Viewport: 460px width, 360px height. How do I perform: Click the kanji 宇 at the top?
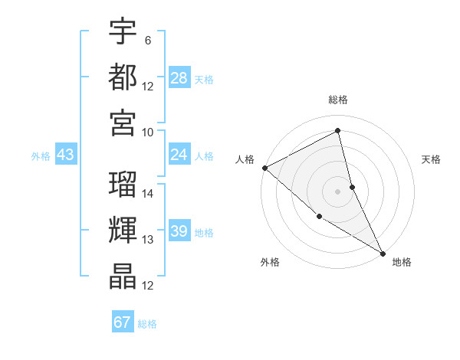tap(123, 31)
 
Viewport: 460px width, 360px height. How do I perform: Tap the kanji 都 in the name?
tap(123, 77)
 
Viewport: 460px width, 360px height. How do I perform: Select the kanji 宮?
tap(123, 122)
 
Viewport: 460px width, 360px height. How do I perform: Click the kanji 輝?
tap(123, 231)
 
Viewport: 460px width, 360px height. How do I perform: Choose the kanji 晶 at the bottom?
tap(123, 276)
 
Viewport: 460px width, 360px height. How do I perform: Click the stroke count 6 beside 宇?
tap(147, 41)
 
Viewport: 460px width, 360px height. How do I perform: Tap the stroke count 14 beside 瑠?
tap(148, 194)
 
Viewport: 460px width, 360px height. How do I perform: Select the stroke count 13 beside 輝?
tap(148, 240)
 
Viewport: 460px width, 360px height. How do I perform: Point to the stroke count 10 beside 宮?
tap(148, 131)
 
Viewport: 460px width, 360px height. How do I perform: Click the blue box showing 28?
tap(179, 78)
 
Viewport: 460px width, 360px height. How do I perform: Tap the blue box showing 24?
tap(179, 155)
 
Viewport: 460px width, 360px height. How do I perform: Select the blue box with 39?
tap(179, 231)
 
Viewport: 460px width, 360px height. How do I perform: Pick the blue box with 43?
tap(65, 155)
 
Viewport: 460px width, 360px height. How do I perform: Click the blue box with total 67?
tap(123, 322)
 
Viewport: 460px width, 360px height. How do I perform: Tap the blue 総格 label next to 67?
tap(147, 324)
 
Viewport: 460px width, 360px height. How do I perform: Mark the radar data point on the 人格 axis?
tap(264, 168)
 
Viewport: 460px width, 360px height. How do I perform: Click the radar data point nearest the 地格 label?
tap(382, 253)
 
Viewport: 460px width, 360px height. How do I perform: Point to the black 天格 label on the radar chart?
tap(432, 159)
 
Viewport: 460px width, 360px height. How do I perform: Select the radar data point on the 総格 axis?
tap(337, 132)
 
